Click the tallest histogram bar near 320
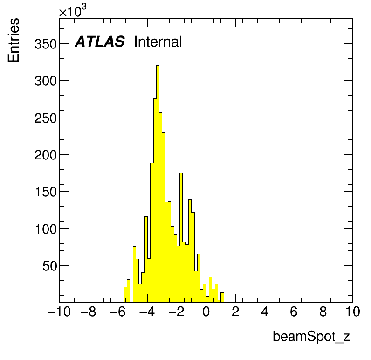pos(158,184)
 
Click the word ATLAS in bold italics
pos(100,42)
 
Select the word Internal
pos(158,42)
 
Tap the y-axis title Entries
pos(14,40)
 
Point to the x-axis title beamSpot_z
pos(311,337)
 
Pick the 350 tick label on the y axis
pos(46,44)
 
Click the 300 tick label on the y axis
pos(46,81)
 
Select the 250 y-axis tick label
pos(46,118)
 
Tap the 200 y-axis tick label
pos(46,155)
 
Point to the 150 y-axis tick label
pos(46,192)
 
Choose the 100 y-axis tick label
pos(46,229)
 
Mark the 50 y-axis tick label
pos(49,266)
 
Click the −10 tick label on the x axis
pos(59,312)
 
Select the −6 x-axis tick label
pos(117,312)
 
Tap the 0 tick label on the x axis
pos(206,312)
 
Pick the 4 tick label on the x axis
pos(265,312)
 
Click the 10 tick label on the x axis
pos(353,312)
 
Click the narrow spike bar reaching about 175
pos(181,238)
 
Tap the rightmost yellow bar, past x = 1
pos(222,298)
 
